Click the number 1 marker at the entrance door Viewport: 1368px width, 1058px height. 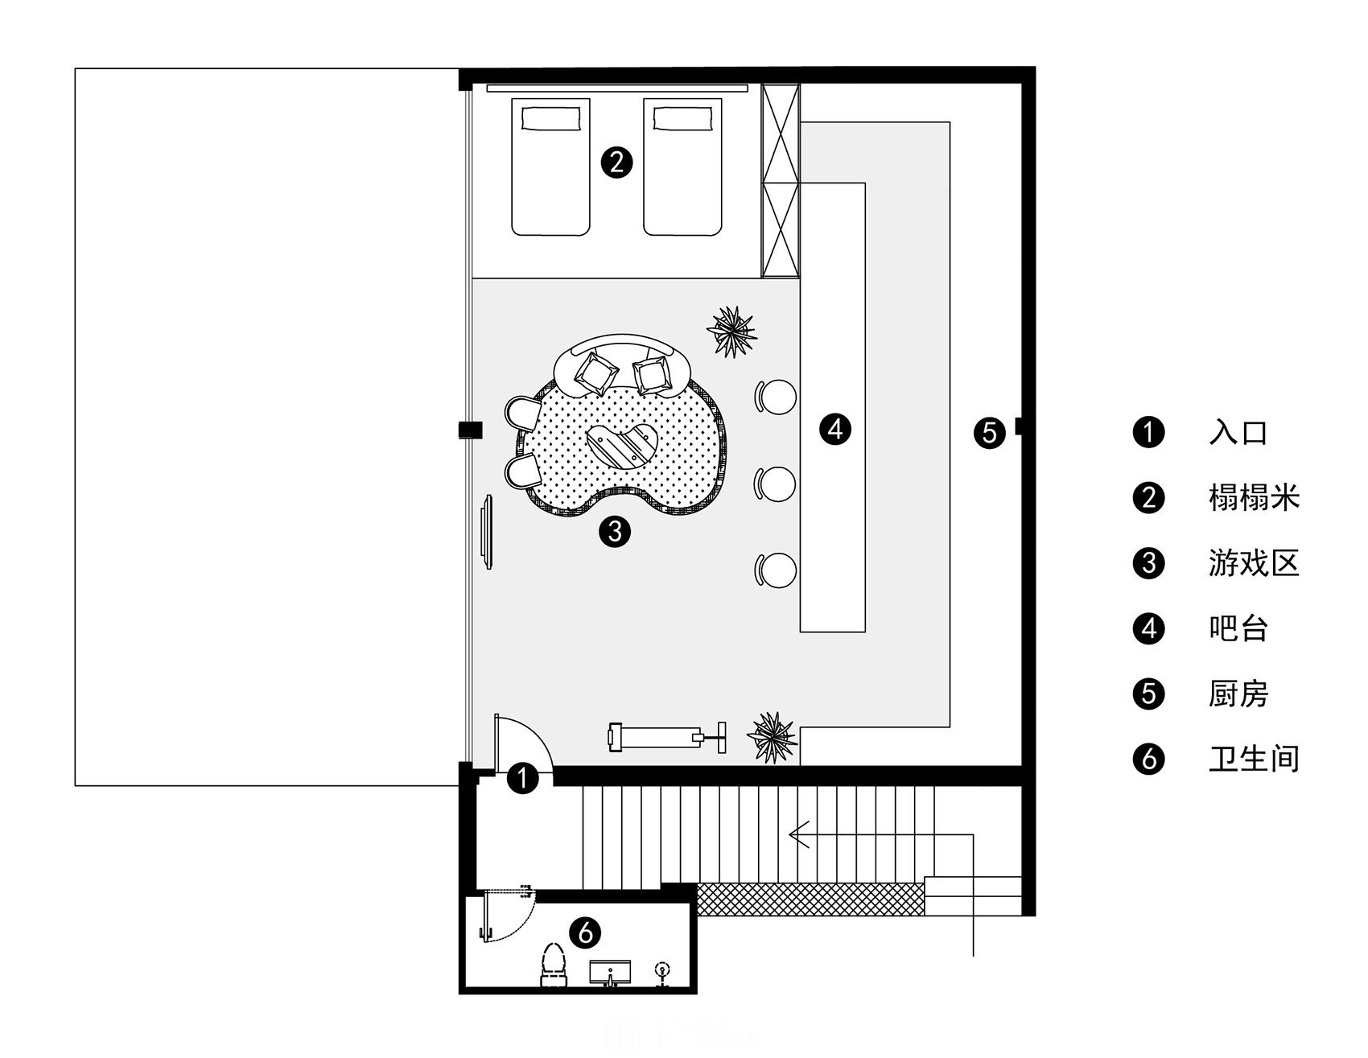[x=523, y=779]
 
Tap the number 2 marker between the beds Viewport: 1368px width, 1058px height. [x=617, y=163]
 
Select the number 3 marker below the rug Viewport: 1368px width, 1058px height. [x=615, y=531]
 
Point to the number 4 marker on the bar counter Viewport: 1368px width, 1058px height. [x=835, y=429]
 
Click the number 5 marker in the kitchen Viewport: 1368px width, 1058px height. [x=989, y=433]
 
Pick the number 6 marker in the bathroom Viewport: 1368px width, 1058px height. [x=585, y=932]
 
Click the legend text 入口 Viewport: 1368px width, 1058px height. [x=1238, y=433]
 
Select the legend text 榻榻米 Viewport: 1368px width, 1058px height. [x=1254, y=498]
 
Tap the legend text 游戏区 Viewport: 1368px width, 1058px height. [x=1254, y=563]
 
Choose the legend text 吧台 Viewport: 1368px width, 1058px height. [x=1238, y=628]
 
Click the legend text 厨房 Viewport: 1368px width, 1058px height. [x=1238, y=694]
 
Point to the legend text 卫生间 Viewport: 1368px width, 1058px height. [x=1254, y=759]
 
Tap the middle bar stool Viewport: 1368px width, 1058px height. [x=776, y=484]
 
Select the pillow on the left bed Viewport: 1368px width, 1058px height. [x=550, y=118]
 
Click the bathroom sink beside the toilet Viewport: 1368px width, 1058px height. [x=611, y=973]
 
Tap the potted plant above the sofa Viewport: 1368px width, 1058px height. [x=731, y=329]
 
